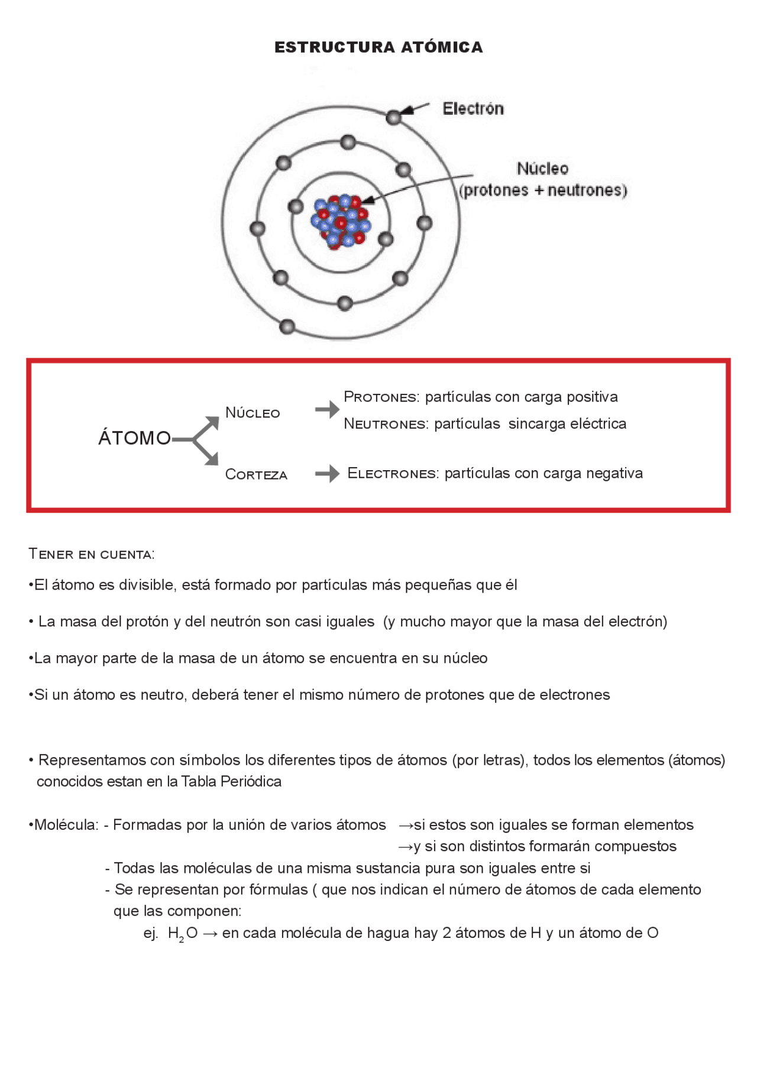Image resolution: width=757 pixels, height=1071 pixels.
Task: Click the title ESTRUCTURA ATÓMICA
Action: [378, 47]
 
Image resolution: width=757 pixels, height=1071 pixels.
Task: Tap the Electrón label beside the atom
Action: [473, 109]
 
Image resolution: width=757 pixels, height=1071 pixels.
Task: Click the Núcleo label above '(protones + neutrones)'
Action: [542, 169]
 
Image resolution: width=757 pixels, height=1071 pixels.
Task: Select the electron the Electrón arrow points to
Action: [393, 117]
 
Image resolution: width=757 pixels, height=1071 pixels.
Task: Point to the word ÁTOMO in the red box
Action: [134, 438]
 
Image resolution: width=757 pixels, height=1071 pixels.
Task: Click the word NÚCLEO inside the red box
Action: [253, 413]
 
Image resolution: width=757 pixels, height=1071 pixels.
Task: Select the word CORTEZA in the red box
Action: [256, 474]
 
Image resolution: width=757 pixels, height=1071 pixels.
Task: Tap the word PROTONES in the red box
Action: [381, 397]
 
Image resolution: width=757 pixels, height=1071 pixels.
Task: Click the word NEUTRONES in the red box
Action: [386, 424]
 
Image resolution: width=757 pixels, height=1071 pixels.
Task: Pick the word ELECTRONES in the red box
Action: [393, 473]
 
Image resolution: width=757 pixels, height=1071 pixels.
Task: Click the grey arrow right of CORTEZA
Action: [327, 473]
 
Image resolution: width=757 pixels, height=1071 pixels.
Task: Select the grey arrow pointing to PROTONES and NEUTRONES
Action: [327, 409]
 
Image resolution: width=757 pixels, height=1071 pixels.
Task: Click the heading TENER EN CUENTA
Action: [92, 554]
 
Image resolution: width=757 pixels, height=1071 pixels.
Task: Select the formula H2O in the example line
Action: [182, 933]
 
